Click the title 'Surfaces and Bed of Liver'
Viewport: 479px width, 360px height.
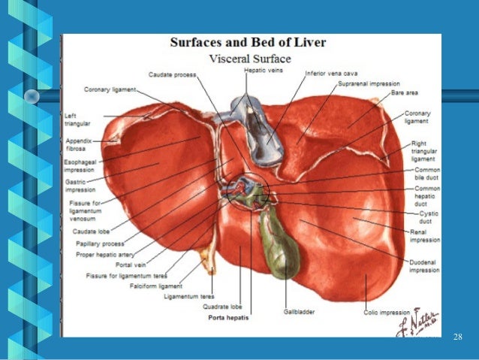(248, 43)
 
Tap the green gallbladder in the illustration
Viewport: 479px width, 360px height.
(279, 244)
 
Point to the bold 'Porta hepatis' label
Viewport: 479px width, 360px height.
(227, 318)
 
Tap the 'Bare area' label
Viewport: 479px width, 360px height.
(405, 94)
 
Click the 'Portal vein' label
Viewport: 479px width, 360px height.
(132, 265)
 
